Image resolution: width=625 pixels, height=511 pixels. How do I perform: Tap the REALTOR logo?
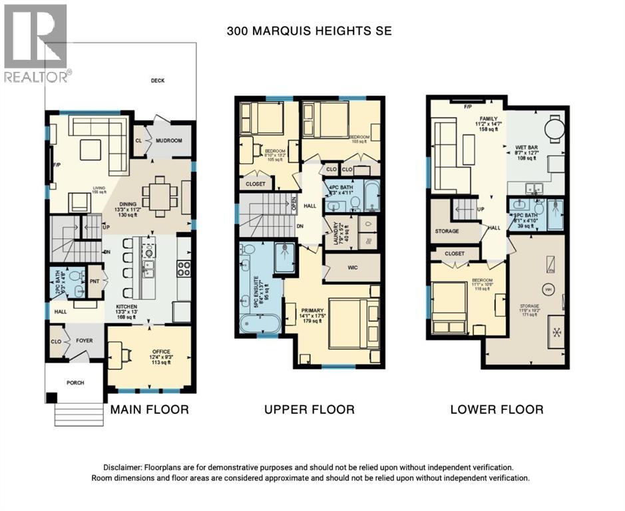37,43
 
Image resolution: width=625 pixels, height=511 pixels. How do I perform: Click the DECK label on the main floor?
157,81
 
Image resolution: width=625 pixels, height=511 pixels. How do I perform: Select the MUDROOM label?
168,141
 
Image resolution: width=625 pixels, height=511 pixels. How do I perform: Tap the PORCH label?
75,383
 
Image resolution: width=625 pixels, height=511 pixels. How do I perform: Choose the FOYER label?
84,341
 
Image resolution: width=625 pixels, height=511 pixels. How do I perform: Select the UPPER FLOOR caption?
309,409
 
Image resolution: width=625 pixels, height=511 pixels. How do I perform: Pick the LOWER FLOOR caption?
497,409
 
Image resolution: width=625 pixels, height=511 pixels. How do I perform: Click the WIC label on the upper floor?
353,268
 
